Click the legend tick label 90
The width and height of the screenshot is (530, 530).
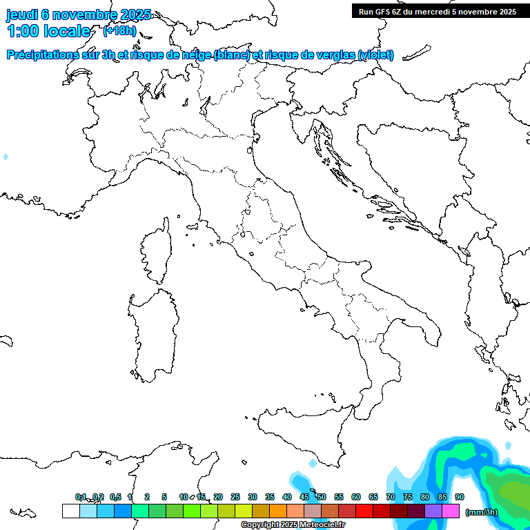coord(460,497)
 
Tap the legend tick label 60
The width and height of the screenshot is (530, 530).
coord(356,497)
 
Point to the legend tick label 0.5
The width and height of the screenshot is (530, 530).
coord(115,497)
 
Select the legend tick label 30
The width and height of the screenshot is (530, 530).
coord(253,497)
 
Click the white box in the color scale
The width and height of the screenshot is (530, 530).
coord(70,511)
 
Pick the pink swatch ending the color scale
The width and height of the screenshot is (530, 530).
coord(451,511)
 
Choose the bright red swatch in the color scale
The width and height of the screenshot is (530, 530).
coord(364,511)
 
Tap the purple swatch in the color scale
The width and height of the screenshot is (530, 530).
coord(433,511)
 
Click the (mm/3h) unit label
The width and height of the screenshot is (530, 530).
coord(482,512)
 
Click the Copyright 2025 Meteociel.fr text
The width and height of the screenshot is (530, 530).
coord(293,525)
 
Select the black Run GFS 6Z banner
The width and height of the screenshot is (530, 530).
coord(438,11)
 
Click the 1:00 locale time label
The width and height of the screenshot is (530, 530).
coord(48,31)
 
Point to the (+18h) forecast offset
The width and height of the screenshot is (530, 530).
coord(119,31)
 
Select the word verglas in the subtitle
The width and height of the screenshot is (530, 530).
coord(333,55)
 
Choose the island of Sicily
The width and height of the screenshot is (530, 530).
coord(304,435)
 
